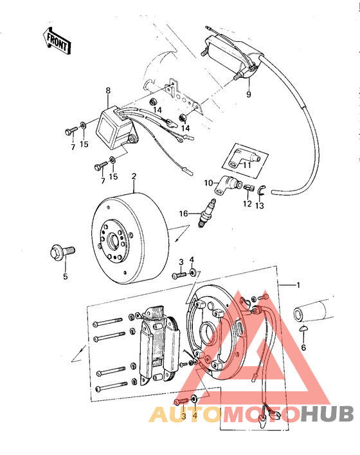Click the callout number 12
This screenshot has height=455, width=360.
pos(247,205)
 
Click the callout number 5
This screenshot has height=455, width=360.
pos(64,277)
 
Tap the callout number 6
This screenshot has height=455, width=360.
pos(303,347)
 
